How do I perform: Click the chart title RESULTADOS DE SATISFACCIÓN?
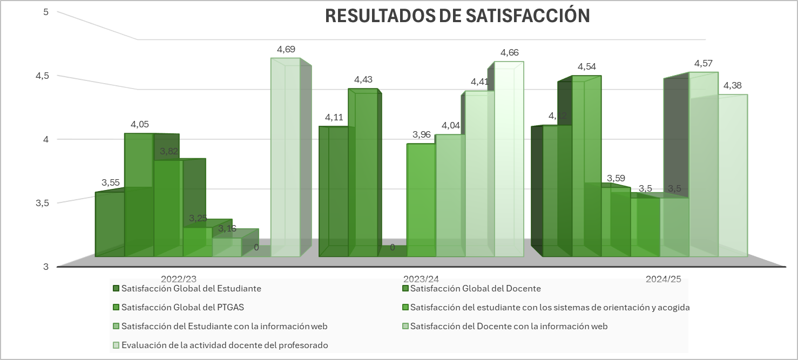pyautogui.click(x=457, y=16)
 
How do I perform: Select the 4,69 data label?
pyautogui.click(x=286, y=50)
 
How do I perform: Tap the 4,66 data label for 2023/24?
pyautogui.click(x=510, y=53)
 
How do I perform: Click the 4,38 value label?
pyautogui.click(x=733, y=86)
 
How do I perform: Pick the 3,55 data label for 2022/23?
pyautogui.click(x=111, y=182)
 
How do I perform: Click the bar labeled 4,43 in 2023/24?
pyautogui.click(x=362, y=173)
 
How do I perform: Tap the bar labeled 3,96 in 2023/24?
pyautogui.click(x=421, y=200)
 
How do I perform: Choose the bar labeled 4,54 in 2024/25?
pyautogui.click(x=586, y=167)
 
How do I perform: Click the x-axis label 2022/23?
pyautogui.click(x=179, y=279)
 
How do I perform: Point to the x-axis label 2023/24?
pyautogui.click(x=421, y=279)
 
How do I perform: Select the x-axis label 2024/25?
pyautogui.click(x=664, y=279)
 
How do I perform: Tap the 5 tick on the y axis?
pyautogui.click(x=46, y=12)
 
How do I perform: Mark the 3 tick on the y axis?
pyautogui.click(x=46, y=267)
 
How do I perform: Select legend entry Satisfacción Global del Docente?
pyautogui.click(x=475, y=289)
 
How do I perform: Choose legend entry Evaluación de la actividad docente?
pyautogui.click(x=225, y=345)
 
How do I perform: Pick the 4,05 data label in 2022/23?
pyautogui.click(x=140, y=125)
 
